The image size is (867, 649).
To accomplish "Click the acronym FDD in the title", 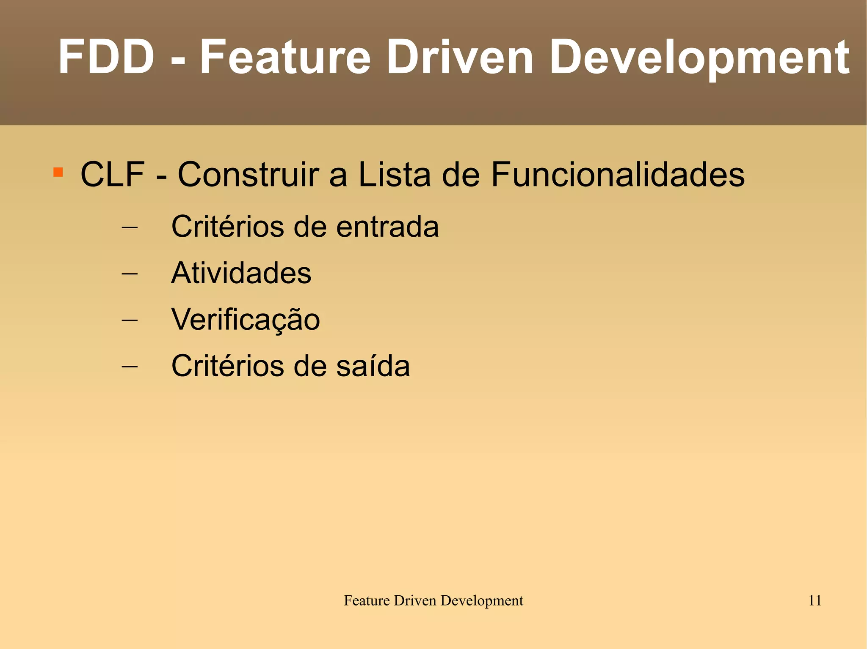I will (106, 57).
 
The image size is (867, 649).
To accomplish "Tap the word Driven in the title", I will (460, 57).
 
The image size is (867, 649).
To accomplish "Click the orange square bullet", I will (58, 172).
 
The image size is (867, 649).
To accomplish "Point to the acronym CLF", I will (113, 174).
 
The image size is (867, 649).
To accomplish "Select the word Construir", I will (248, 174).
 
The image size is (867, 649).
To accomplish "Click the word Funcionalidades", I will (618, 174).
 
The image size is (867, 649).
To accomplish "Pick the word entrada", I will (387, 227).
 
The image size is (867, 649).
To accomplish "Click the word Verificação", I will (246, 320).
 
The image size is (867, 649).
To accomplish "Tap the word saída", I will (373, 366).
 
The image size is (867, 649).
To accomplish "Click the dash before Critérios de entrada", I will (130, 227).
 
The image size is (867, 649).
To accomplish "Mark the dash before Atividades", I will (130, 274).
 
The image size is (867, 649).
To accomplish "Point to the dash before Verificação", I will (130, 320).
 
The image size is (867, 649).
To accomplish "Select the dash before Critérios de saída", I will (130, 367).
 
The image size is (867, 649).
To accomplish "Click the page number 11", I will (815, 600).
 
